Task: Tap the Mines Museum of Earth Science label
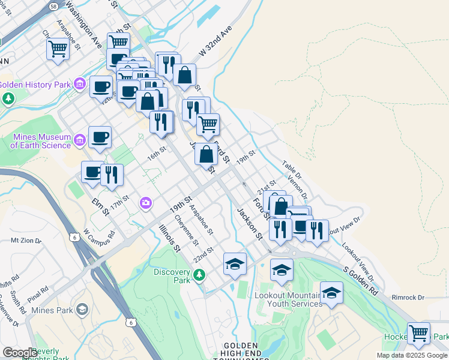(41, 141)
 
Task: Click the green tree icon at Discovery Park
(199, 276)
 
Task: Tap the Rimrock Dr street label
(408, 297)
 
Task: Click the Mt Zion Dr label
(26, 241)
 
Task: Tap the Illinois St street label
(170, 237)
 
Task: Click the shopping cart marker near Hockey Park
(418, 334)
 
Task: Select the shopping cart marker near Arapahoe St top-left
(58, 49)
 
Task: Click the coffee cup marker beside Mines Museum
(100, 137)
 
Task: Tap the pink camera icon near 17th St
(145, 204)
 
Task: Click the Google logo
(20, 353)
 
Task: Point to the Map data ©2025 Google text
(412, 355)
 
